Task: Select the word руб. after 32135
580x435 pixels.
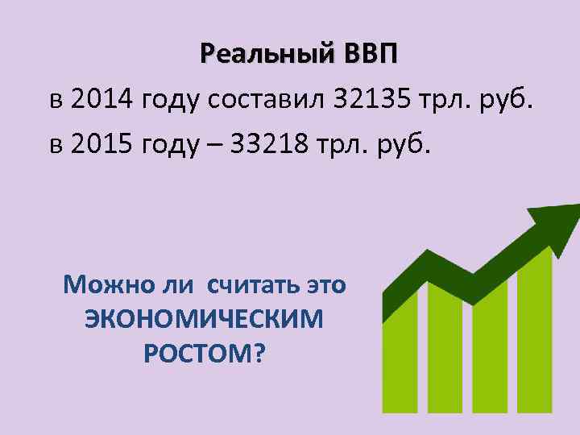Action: tap(504, 102)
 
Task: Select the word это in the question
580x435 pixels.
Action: tap(325, 285)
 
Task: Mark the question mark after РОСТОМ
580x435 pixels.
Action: tap(259, 354)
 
